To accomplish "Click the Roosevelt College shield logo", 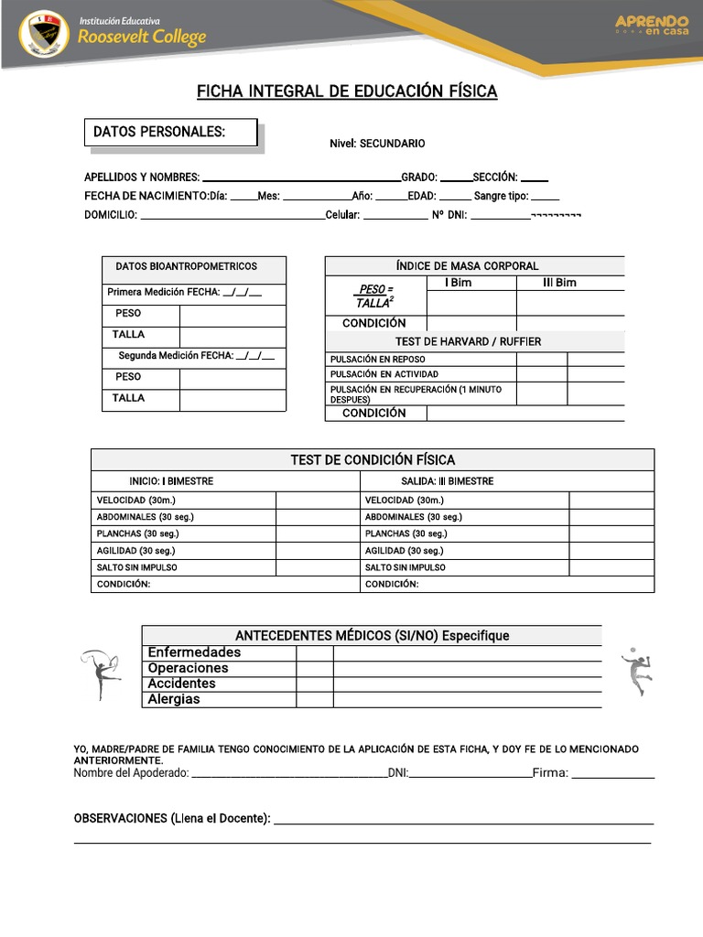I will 44,33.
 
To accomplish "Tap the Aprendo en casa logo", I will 651,25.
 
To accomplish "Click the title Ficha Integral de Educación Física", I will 347,92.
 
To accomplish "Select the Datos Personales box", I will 170,133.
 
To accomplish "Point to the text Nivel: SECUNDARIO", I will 377,144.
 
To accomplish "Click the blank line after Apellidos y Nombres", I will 300,178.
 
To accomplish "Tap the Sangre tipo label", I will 501,196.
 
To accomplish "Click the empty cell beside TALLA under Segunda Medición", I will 233,399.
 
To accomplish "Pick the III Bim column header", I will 559,283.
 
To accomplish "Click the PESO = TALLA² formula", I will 374,296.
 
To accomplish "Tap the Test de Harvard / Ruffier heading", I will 468,341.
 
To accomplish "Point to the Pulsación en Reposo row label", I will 377,360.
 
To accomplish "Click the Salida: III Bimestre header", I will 447,481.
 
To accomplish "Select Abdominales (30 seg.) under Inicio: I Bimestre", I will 146,517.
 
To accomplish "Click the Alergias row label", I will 174,699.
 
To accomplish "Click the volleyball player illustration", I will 636,671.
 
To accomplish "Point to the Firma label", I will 550,773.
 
